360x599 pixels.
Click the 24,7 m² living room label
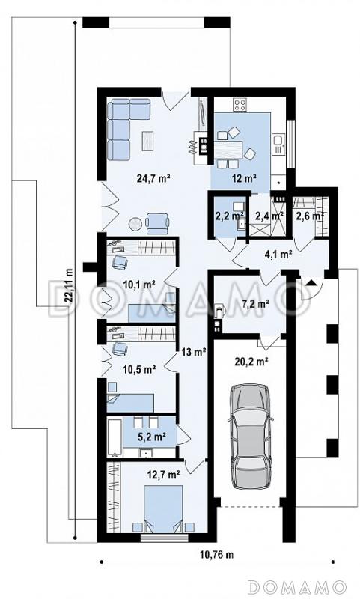(x=153, y=177)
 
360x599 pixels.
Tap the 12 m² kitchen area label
(x=244, y=177)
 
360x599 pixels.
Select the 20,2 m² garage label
(x=251, y=361)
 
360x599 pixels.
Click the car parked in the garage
(x=251, y=437)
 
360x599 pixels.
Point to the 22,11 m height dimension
(x=69, y=285)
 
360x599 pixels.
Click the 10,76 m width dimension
(x=216, y=555)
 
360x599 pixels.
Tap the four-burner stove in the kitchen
(x=240, y=105)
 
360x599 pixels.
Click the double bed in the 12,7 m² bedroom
(x=163, y=508)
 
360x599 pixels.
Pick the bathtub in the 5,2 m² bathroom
(x=115, y=437)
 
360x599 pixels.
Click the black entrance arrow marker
(x=311, y=283)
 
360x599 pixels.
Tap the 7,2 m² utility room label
(x=256, y=305)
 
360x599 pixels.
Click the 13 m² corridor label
(x=194, y=352)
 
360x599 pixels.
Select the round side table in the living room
(x=135, y=224)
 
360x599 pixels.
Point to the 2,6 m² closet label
(x=310, y=216)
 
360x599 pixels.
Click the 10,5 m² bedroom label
(x=139, y=369)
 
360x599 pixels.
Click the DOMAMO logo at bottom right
(x=296, y=586)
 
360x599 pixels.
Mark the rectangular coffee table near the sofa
(x=148, y=141)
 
